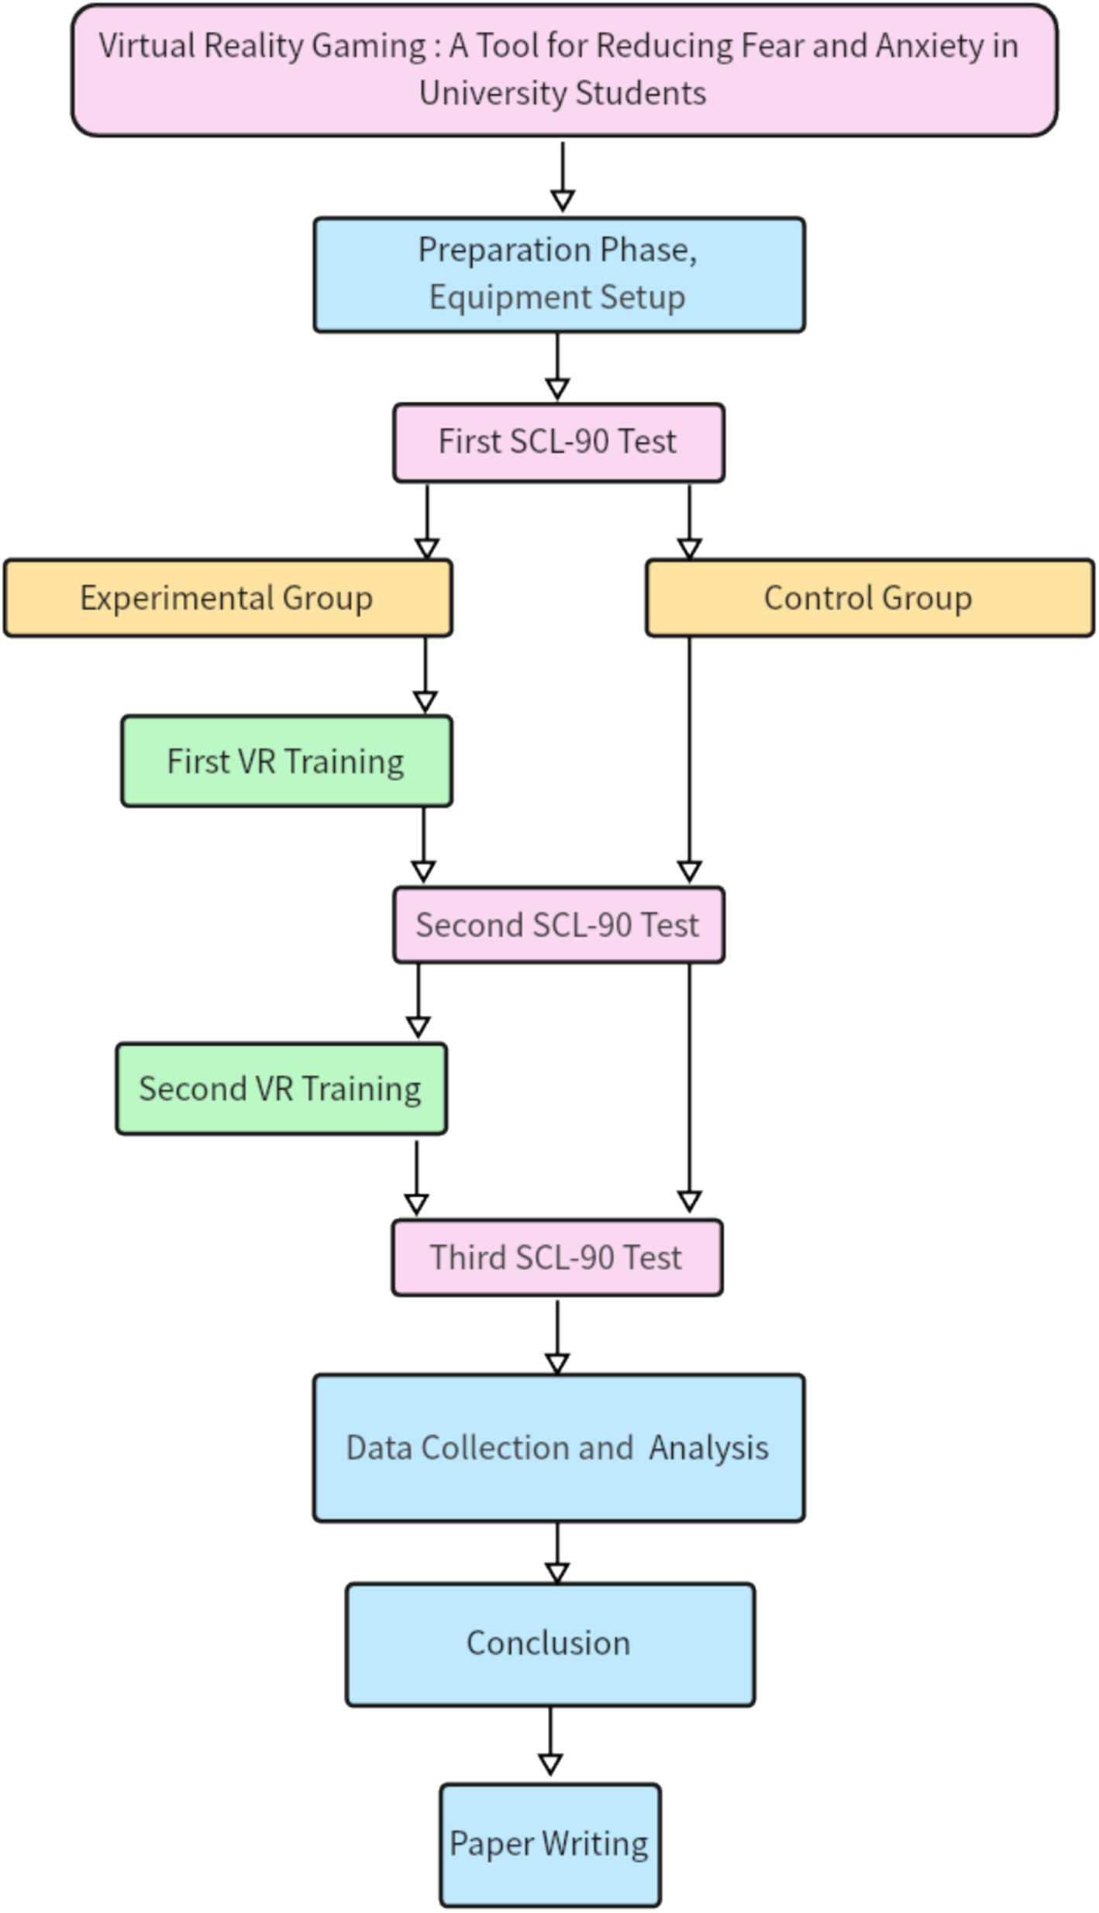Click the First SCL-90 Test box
(x=558, y=442)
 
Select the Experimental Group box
(x=227, y=598)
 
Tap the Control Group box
(x=869, y=598)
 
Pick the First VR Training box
(x=286, y=761)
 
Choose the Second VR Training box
(x=281, y=1089)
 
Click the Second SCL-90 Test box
(x=558, y=925)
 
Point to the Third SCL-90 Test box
(x=556, y=1258)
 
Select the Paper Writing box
(x=549, y=1844)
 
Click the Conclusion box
(x=549, y=1643)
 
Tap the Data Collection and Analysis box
(x=558, y=1447)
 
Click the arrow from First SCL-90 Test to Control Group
(x=689, y=519)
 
